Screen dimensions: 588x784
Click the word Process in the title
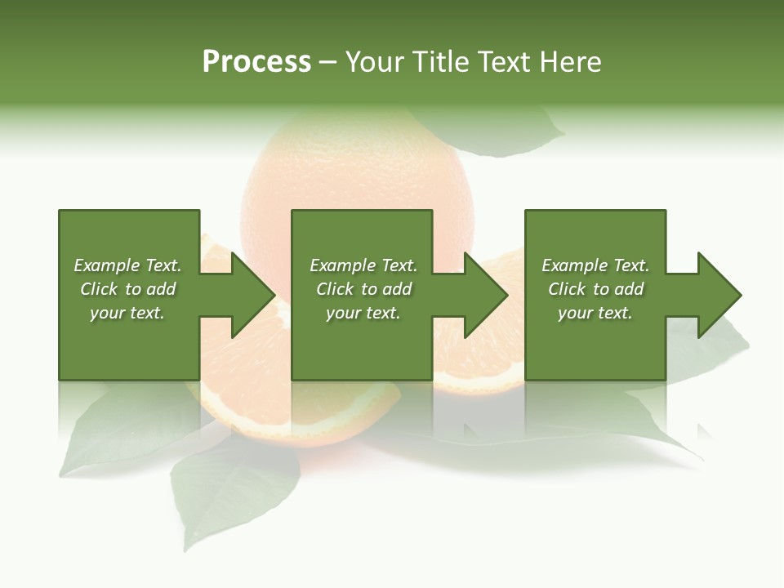(256, 62)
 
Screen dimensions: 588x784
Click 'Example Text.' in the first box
(127, 265)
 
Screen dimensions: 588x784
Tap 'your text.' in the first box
(127, 313)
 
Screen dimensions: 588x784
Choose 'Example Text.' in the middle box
(363, 265)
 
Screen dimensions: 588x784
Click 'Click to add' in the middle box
(363, 289)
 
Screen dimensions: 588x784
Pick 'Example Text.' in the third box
(595, 265)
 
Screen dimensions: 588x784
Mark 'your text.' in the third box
(595, 313)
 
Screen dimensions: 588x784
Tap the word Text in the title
(503, 62)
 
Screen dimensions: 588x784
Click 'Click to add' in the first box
(127, 289)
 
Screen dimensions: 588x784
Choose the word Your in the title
(375, 62)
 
